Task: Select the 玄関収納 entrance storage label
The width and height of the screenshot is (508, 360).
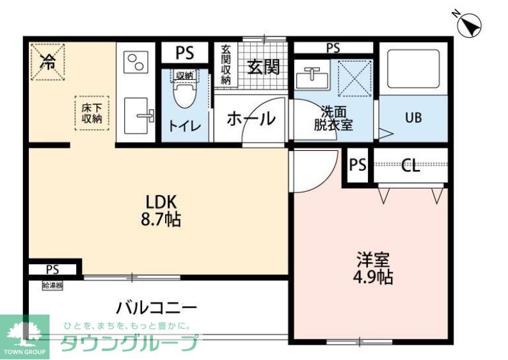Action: (226, 65)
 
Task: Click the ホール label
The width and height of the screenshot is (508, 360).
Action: (251, 118)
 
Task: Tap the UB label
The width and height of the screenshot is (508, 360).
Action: (412, 118)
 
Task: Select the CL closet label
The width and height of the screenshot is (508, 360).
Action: (411, 167)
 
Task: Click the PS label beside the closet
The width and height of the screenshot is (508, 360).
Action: (358, 166)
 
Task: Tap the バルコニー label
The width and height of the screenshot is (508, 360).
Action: (156, 308)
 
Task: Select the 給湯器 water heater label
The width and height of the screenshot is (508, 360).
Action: (52, 285)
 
